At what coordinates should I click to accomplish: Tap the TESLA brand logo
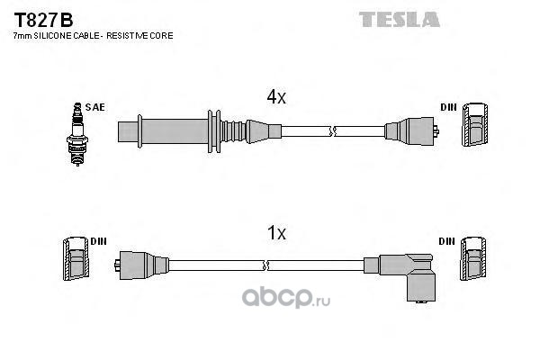pos(400,19)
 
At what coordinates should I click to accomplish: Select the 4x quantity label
pos(276,98)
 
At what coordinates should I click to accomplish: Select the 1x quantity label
pos(276,232)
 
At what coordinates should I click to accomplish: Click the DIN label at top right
pos(448,107)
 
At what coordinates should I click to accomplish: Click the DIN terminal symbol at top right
pos(476,127)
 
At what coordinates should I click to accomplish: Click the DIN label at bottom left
pos(99,241)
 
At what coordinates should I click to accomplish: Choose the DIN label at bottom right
pos(448,241)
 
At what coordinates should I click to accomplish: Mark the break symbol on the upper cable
pos(333,131)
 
